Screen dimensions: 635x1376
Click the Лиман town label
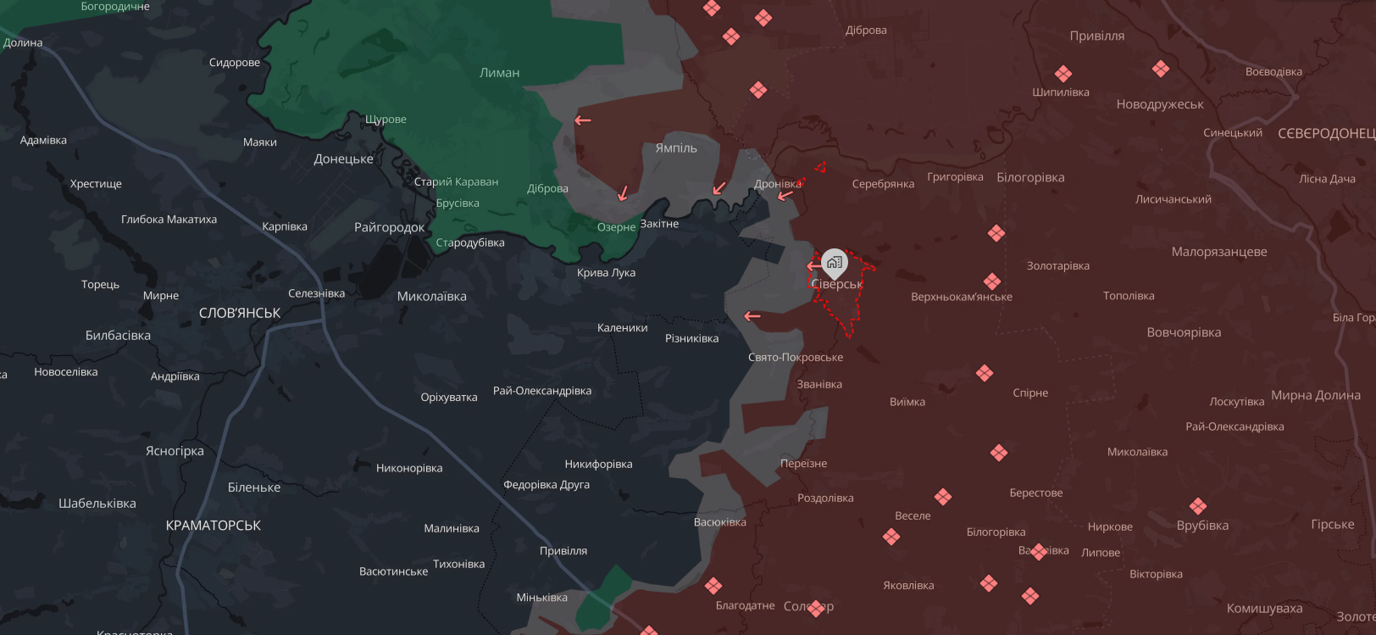click(x=499, y=73)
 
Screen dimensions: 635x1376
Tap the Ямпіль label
click(x=676, y=148)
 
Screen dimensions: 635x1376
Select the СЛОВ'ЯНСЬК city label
click(x=240, y=313)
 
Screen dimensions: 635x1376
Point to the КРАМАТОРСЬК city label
click(x=214, y=526)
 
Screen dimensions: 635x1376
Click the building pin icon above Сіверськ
click(x=835, y=263)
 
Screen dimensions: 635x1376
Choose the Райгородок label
click(x=390, y=227)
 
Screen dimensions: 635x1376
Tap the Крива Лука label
click(x=606, y=273)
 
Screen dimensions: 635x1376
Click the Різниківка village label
click(x=691, y=338)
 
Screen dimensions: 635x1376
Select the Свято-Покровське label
click(x=796, y=358)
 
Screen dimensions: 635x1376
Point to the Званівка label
click(x=819, y=384)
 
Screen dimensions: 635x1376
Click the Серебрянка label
click(x=883, y=184)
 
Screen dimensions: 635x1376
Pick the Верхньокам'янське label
click(x=962, y=297)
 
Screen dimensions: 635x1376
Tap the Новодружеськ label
click(x=1160, y=104)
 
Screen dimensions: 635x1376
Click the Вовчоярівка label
click(x=1184, y=332)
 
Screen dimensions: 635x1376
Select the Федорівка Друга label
click(x=547, y=485)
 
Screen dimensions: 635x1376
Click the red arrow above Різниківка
click(x=752, y=317)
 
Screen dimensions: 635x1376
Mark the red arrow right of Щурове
click(x=583, y=120)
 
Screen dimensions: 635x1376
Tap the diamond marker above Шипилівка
click(x=1063, y=74)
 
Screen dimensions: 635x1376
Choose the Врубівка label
click(x=1202, y=526)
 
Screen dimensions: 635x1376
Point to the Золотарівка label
click(x=1057, y=266)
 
